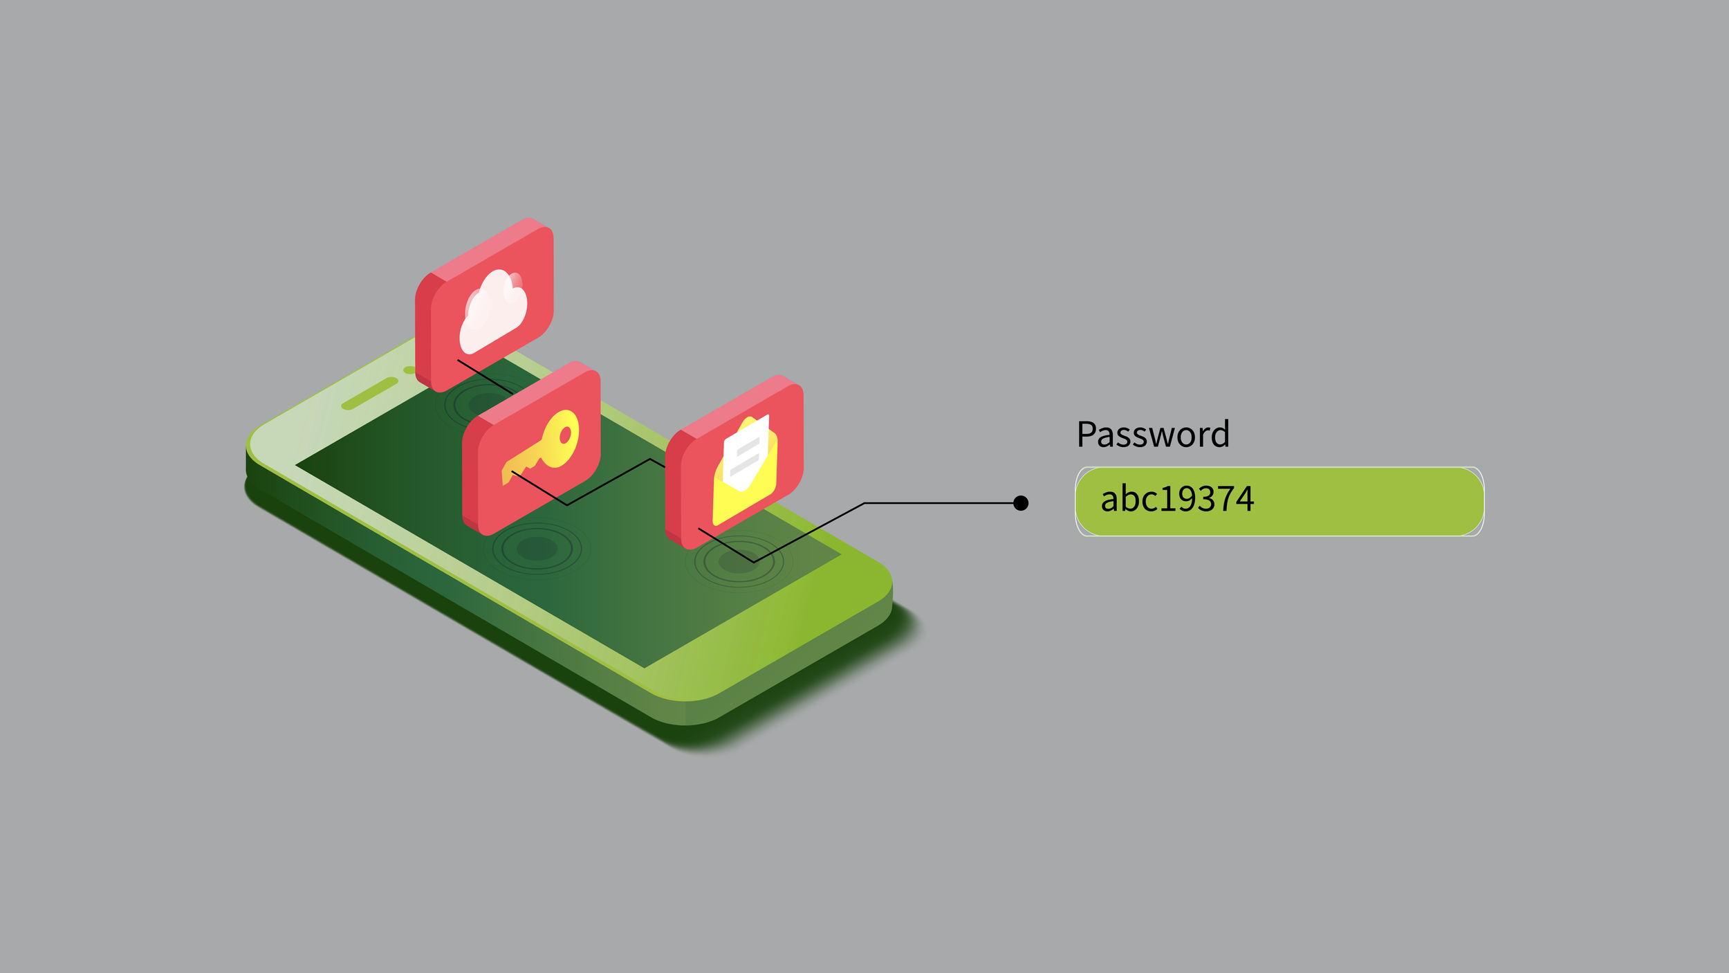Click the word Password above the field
(1153, 435)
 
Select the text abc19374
(1176, 499)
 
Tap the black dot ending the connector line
(1020, 503)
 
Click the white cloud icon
(493, 311)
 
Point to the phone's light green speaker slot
(370, 394)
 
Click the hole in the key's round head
(565, 435)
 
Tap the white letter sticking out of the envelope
(746, 451)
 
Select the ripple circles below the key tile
(537, 549)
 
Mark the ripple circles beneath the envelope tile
(738, 562)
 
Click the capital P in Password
(1087, 435)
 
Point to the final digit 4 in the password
(1245, 499)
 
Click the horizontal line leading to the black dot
(941, 503)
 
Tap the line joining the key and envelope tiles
(609, 482)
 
